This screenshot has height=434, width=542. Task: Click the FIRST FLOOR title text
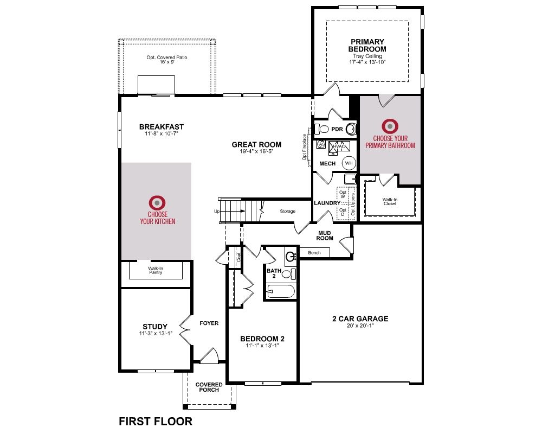click(x=156, y=421)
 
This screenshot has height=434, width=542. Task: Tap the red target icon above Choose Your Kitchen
click(x=157, y=202)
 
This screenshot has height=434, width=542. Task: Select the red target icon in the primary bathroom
click(x=390, y=126)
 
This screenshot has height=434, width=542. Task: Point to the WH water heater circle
click(x=349, y=163)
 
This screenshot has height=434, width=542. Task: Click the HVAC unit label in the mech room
click(x=339, y=146)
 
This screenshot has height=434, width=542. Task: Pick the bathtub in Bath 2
click(x=281, y=291)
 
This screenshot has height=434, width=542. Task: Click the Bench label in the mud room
click(x=314, y=253)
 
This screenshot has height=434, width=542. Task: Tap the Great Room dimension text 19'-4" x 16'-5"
click(x=256, y=151)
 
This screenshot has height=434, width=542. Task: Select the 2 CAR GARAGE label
click(x=360, y=318)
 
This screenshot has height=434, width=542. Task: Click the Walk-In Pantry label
click(x=156, y=270)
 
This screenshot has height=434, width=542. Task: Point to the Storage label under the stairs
click(x=288, y=211)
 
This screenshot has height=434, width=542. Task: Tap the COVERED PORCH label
click(x=209, y=387)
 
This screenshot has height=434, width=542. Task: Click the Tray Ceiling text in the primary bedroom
click(x=367, y=56)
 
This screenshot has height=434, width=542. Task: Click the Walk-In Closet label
click(x=390, y=201)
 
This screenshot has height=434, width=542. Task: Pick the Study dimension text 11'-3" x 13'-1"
click(x=156, y=333)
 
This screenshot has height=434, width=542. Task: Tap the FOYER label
click(x=209, y=323)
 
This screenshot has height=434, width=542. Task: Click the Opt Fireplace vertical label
click(x=305, y=147)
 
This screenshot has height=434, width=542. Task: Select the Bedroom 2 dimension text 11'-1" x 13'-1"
click(x=262, y=346)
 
